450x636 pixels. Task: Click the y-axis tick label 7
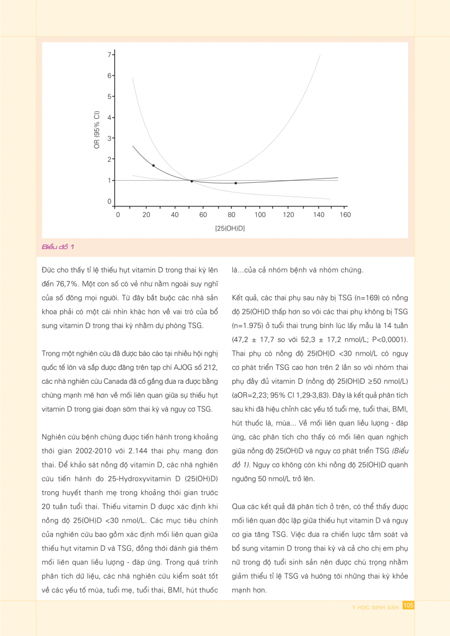click(110, 55)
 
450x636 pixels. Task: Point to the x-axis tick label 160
click(345, 215)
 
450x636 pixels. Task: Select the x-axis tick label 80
click(231, 215)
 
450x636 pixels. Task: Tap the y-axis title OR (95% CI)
click(97, 130)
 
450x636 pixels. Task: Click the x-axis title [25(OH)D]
click(230, 228)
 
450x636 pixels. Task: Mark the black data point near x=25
click(154, 165)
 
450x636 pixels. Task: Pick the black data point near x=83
click(236, 183)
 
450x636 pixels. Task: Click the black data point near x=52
click(192, 181)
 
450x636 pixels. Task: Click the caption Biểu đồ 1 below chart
click(61, 247)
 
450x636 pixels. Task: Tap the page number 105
click(408, 605)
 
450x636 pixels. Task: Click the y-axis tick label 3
click(110, 138)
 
